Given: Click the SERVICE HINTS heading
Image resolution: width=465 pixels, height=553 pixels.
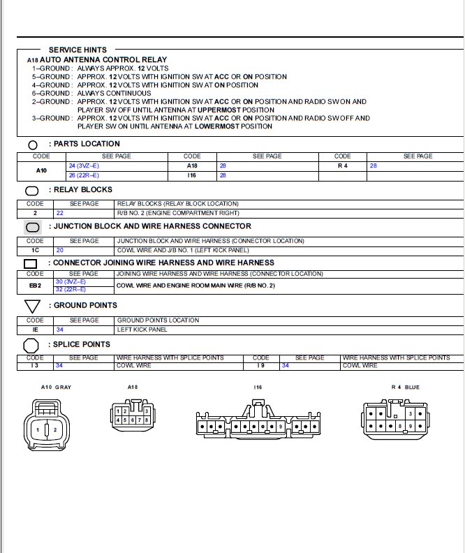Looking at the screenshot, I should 77,50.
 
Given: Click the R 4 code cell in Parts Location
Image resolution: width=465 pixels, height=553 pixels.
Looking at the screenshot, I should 343,165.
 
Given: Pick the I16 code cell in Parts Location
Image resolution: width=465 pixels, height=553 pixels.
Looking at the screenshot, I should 192,175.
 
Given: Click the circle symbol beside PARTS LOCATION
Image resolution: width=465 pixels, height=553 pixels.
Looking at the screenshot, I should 33,145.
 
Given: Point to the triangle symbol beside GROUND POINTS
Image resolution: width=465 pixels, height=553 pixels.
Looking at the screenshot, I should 32,306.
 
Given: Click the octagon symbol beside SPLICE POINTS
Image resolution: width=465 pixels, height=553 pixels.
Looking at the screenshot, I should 31,345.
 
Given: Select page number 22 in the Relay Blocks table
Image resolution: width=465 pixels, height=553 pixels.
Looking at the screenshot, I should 60,212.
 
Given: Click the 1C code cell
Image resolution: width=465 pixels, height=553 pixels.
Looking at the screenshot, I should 36,249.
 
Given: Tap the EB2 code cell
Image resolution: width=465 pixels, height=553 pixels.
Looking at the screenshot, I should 36,286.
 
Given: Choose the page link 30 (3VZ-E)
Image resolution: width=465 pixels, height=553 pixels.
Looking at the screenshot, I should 70,281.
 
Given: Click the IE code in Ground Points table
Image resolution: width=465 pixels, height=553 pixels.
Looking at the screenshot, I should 36,329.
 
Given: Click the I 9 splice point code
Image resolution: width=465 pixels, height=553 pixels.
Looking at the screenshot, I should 260,365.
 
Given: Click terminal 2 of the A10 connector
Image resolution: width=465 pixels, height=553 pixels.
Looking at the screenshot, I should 55,429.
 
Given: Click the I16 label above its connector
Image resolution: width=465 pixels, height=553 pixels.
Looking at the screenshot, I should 257,386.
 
